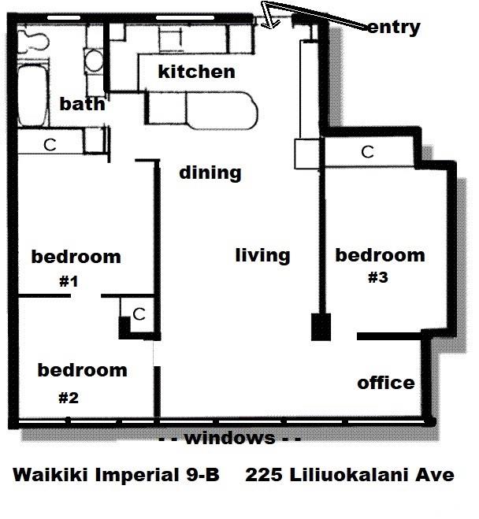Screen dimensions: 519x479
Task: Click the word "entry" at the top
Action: tap(394, 28)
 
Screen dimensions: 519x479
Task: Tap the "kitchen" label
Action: tap(196, 72)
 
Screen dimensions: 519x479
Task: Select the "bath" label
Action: tap(82, 103)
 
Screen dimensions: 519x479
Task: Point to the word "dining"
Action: tap(210, 172)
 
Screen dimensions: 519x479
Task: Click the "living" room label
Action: tap(262, 255)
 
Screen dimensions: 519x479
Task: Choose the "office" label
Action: tap(385, 383)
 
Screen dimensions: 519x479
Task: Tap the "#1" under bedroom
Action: tap(68, 281)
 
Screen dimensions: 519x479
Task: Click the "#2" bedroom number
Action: tap(69, 397)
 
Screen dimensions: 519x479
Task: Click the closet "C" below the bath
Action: tap(49, 145)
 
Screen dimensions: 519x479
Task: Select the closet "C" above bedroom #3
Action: tap(367, 152)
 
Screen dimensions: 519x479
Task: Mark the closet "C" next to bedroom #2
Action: tap(139, 314)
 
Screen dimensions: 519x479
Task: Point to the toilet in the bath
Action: tap(33, 39)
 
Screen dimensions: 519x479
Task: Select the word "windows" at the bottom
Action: tap(229, 438)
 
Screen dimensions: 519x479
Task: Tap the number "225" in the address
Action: tap(263, 476)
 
